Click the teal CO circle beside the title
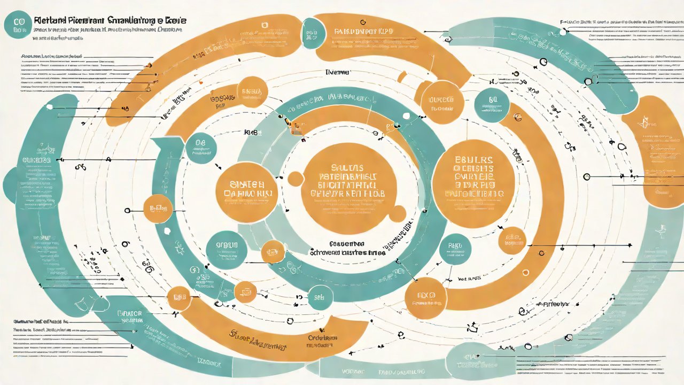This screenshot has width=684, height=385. pyautogui.click(x=19, y=25)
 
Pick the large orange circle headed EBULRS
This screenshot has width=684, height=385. pyautogui.click(x=473, y=176)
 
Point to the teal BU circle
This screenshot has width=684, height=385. pyautogui.click(x=492, y=105)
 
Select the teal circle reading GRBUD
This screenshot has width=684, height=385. pyautogui.click(x=226, y=249)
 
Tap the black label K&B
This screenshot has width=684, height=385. pyautogui.click(x=251, y=132)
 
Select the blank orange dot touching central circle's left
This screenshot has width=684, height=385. pyautogui.click(x=295, y=179)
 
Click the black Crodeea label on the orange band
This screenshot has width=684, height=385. pyautogui.click(x=323, y=338)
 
